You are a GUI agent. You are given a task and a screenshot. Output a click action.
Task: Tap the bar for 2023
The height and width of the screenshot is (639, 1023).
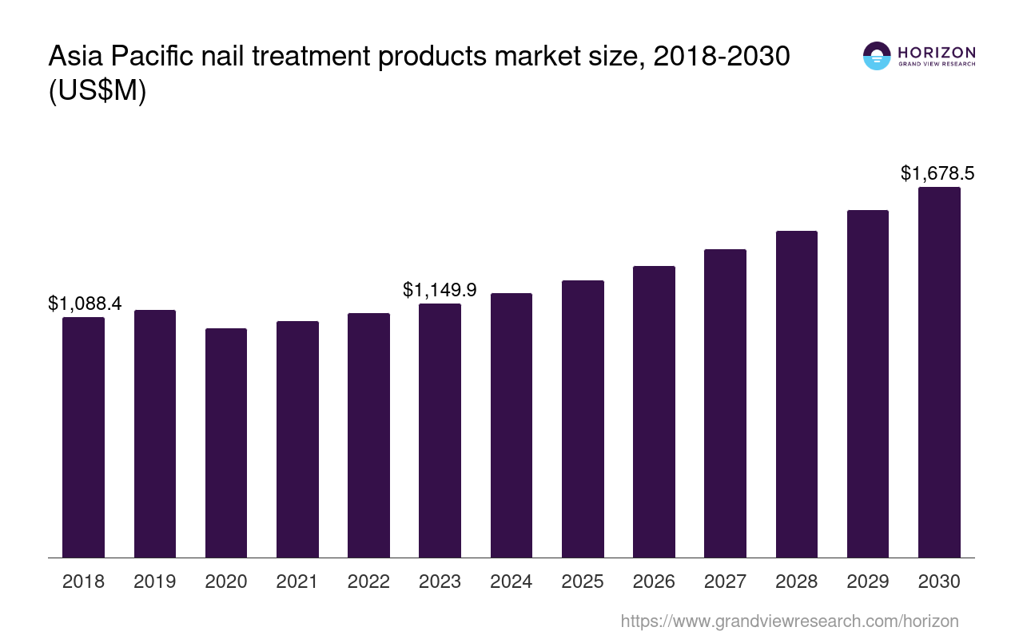click(x=440, y=431)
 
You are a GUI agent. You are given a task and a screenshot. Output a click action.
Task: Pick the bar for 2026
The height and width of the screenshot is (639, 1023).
click(x=654, y=411)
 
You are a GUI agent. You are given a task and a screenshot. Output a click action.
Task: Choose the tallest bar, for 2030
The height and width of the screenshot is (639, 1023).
click(x=939, y=372)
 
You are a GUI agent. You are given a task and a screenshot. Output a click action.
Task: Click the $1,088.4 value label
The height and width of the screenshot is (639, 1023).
click(x=85, y=304)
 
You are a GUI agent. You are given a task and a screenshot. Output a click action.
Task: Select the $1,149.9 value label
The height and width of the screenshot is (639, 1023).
click(x=440, y=290)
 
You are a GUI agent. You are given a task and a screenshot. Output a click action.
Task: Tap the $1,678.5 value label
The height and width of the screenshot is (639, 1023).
click(x=937, y=173)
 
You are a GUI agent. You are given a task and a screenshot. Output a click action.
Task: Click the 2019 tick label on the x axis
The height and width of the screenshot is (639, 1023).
click(x=155, y=581)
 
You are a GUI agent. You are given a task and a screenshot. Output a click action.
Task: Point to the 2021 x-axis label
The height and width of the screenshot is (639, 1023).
click(x=297, y=581)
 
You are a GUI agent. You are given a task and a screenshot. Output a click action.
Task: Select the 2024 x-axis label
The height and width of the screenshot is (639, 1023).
click(x=511, y=581)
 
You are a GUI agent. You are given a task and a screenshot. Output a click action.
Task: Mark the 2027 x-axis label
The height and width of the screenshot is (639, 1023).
click(x=725, y=581)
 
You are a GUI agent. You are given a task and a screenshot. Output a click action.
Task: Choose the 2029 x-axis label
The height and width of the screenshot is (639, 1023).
click(x=868, y=581)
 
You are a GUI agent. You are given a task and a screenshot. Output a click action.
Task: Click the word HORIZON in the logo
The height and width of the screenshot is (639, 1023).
click(x=937, y=53)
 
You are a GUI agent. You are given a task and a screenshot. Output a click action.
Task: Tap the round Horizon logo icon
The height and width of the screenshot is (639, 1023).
click(x=877, y=56)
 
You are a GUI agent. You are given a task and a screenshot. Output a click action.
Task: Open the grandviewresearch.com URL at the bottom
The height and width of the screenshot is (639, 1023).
click(x=789, y=621)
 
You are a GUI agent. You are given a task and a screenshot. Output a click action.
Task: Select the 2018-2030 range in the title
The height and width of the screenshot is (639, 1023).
click(x=722, y=58)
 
